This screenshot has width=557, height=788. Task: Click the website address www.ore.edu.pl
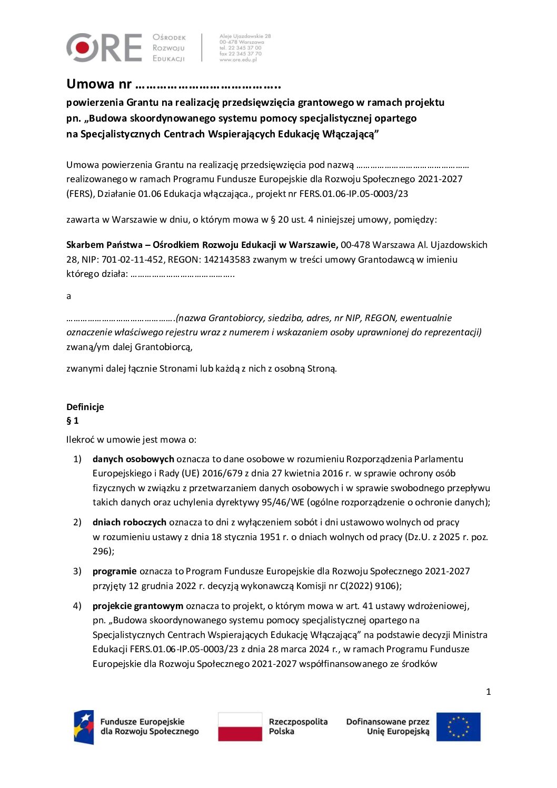click(x=238, y=60)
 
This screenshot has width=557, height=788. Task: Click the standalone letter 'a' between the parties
click(x=68, y=296)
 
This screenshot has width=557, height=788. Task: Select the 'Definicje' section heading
click(x=85, y=407)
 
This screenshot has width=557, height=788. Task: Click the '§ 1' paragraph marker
click(x=73, y=421)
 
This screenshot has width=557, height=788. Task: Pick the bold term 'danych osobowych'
click(x=133, y=459)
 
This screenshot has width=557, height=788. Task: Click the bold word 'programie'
click(x=115, y=571)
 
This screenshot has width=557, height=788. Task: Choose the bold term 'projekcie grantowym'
click(x=138, y=606)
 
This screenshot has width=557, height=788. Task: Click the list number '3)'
click(x=77, y=571)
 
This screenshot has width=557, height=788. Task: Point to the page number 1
click(x=488, y=692)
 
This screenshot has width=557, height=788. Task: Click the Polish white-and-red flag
click(x=240, y=726)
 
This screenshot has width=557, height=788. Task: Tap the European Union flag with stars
click(x=458, y=727)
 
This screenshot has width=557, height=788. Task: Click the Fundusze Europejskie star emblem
click(x=84, y=727)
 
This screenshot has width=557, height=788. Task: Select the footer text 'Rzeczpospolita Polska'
click(x=298, y=726)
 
